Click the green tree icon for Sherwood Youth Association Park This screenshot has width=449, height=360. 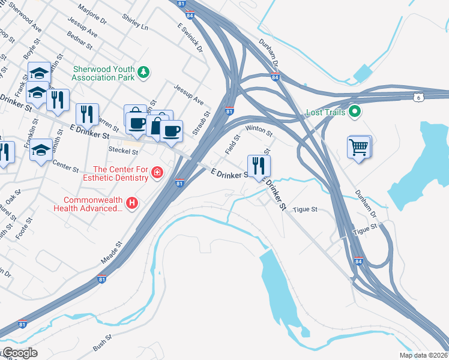(x=143, y=73)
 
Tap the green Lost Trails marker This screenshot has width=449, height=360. (x=355, y=111)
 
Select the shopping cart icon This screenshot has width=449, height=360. (x=358, y=146)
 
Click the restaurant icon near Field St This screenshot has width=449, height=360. (x=259, y=166)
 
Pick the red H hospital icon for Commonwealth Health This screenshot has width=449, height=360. (x=133, y=203)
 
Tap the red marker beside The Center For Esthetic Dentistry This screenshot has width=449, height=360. (x=157, y=173)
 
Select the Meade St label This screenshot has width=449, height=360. (x=111, y=253)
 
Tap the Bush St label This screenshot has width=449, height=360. (x=103, y=343)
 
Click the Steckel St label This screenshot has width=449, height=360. (x=123, y=150)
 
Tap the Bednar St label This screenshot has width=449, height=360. (x=80, y=42)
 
